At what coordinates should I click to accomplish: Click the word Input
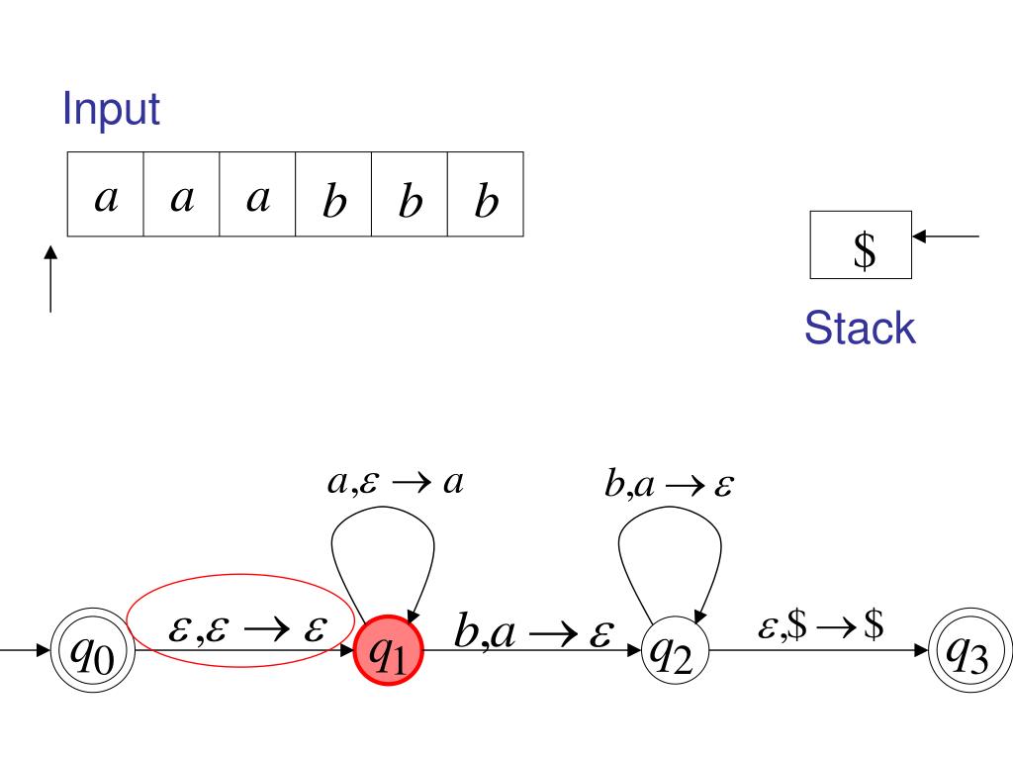point(111,109)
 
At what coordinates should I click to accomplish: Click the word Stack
point(859,330)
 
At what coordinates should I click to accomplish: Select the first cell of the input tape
point(106,194)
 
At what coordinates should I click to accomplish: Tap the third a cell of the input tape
point(257,194)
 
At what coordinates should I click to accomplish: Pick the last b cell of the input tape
point(485,194)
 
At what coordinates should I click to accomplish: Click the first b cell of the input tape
point(333,194)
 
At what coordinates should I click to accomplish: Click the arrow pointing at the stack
point(946,237)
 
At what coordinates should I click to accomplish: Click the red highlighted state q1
point(388,652)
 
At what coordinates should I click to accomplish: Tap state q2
point(674,652)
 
